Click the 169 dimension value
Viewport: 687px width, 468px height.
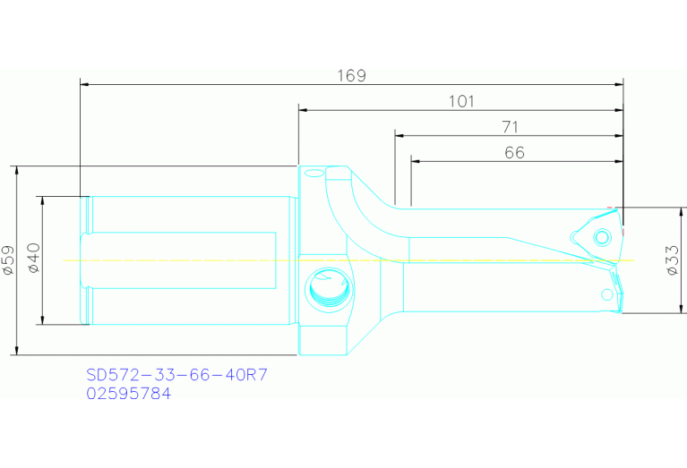click(352, 75)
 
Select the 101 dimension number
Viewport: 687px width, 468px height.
click(460, 101)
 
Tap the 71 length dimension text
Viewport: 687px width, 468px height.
click(510, 127)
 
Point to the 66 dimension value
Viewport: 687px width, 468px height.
click(514, 153)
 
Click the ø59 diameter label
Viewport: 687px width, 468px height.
click(7, 260)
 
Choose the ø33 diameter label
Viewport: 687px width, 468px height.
click(671, 260)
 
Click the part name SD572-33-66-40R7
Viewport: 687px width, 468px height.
click(176, 375)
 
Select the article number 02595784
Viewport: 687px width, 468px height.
click(128, 393)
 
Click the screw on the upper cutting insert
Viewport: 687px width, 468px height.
click(602, 236)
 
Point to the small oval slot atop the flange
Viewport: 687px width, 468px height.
click(313, 173)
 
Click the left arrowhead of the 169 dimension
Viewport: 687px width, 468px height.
click(84, 85)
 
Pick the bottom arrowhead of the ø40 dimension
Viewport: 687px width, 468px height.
click(42, 320)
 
